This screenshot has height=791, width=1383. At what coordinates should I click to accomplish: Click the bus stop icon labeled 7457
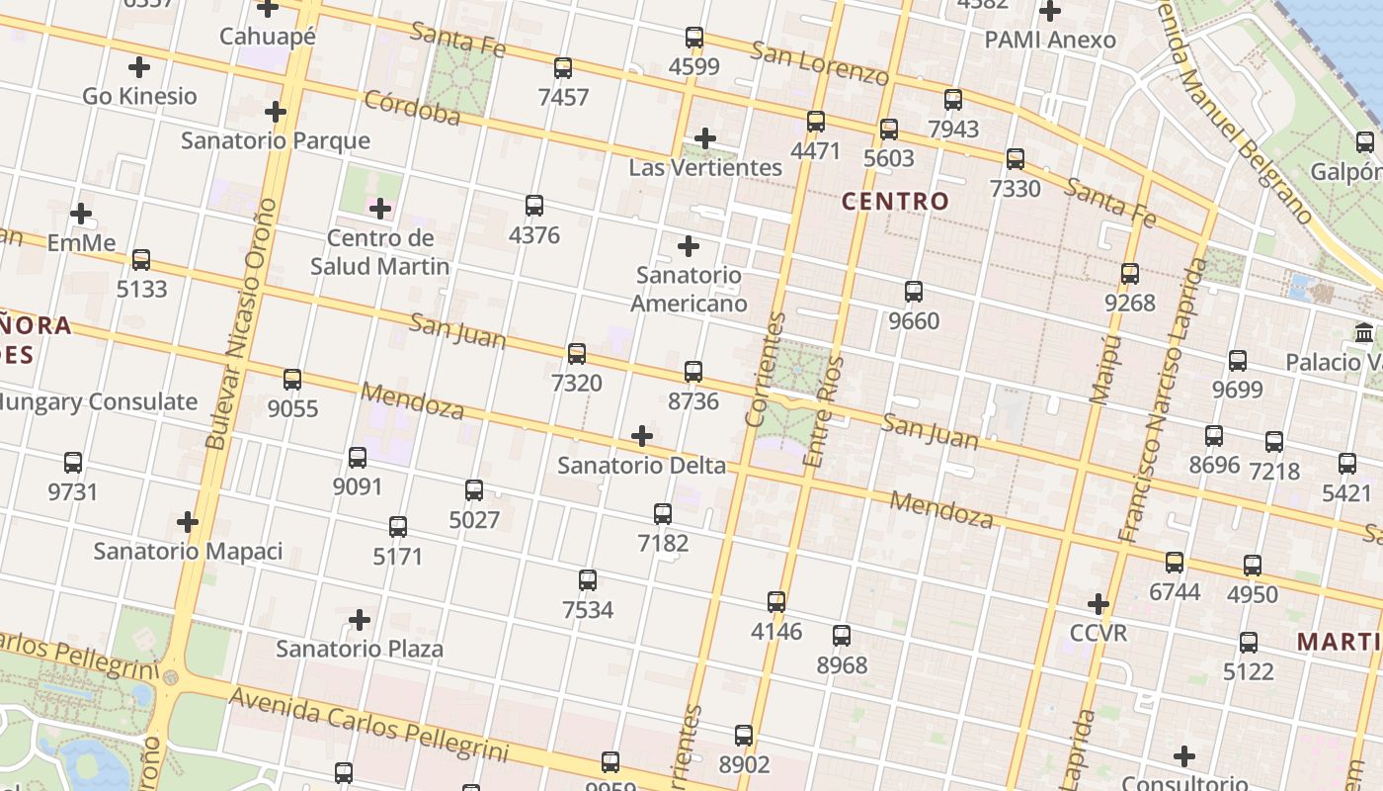563,68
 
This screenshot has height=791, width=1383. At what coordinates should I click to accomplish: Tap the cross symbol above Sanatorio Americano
689,246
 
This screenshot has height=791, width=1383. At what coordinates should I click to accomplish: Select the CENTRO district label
895,201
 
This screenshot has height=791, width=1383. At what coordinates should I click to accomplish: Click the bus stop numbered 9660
914,292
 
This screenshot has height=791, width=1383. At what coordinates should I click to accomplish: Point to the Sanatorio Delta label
641,465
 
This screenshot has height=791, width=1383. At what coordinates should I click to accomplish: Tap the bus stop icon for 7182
663,514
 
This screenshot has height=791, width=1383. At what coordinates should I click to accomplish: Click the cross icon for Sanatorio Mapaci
188,522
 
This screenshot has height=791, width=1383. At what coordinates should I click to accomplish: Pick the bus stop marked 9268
1130,274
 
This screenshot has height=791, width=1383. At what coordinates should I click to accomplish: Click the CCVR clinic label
1098,632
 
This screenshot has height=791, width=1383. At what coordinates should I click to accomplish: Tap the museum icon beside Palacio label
1365,333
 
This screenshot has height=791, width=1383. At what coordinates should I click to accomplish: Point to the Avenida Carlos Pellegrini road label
368,725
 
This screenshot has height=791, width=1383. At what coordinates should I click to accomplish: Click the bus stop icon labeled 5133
141,260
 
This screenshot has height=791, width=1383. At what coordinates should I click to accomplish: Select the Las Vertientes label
705,167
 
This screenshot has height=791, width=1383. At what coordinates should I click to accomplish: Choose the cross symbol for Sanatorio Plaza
360,620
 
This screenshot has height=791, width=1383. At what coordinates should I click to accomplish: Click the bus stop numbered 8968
842,636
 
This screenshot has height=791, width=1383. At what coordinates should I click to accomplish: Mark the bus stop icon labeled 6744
1175,563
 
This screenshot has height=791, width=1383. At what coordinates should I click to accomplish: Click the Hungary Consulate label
99,401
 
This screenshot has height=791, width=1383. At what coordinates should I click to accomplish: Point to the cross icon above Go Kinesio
139,67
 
